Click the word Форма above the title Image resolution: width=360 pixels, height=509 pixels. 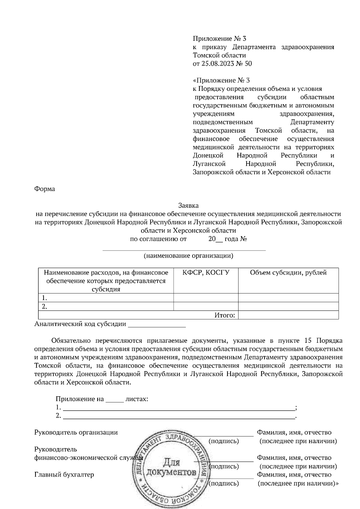[45, 189]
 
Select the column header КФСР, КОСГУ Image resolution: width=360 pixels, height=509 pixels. [206, 272]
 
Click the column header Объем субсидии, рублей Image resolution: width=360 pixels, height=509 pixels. [288, 272]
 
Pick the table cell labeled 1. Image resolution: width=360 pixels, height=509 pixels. [106, 298]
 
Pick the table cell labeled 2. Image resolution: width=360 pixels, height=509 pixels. [106, 306]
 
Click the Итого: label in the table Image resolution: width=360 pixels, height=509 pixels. [224, 315]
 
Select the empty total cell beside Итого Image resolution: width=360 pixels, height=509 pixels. [288, 315]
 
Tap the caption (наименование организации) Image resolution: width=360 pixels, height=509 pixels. [188, 256]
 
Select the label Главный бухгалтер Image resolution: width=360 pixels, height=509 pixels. [64, 475]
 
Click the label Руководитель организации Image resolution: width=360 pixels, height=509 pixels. [76, 432]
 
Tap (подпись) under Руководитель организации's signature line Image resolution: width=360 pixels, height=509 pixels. [223, 441]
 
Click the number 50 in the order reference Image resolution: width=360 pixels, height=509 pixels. [248, 64]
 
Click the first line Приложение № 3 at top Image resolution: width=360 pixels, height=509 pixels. [219, 39]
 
